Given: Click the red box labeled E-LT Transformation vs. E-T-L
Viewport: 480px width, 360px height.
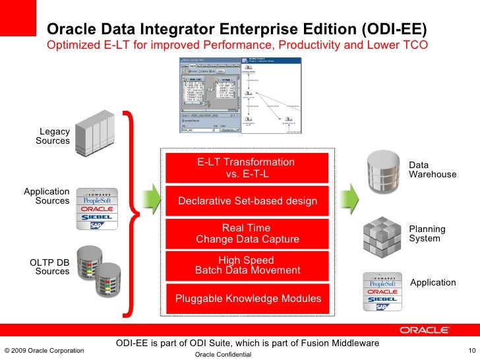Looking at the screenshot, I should [246, 168].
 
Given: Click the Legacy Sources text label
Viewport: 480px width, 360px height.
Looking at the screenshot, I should [53, 136].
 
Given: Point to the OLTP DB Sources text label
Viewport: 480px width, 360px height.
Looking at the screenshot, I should [49, 266].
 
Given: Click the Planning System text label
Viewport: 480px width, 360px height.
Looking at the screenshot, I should [427, 233].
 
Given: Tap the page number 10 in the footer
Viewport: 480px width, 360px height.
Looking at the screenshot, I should [471, 349].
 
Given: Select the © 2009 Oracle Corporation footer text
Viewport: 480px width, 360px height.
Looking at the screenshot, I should [44, 350].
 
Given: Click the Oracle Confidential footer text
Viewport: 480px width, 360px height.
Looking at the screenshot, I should [224, 355].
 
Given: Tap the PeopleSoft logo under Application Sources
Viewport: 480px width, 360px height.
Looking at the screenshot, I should [98, 200].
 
